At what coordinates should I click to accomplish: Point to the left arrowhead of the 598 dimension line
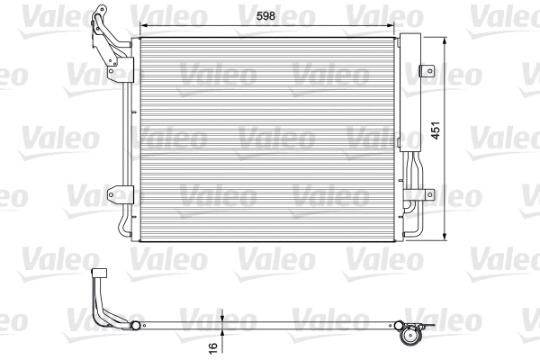[x=137, y=26]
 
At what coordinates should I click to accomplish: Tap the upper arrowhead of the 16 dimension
[x=220, y=316]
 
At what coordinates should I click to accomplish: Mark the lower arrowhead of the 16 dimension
[x=220, y=332]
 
